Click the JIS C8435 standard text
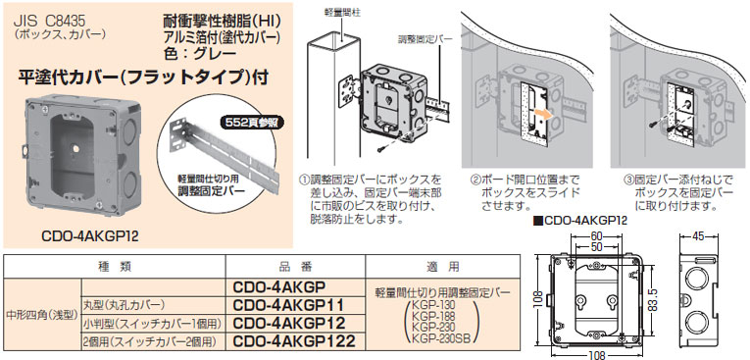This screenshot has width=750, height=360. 51,22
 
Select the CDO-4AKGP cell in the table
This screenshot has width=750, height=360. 278,286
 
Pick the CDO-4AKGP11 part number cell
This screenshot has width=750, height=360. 289,305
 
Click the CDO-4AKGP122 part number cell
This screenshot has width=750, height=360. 294,340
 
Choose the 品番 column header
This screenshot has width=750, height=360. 295,266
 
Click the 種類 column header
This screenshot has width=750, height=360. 114,266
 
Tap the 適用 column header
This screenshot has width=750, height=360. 442,266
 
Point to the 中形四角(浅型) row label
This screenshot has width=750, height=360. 41,315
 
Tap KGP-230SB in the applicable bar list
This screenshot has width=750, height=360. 441,338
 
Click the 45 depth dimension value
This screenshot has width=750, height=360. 699,236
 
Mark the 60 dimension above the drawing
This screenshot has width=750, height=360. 595,236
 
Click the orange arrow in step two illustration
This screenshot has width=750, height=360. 543,114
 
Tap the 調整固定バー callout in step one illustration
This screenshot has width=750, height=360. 425,39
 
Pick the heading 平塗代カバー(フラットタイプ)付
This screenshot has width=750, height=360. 142,77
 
